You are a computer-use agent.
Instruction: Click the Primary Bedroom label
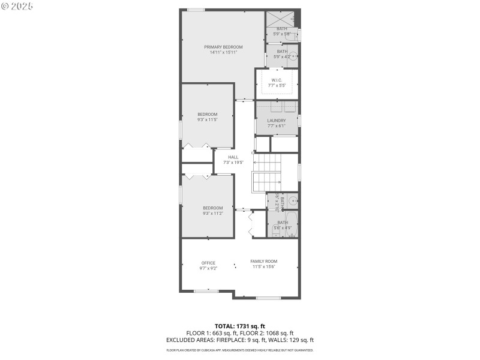pyautogui.click(x=223, y=47)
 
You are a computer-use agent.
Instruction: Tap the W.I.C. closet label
pyautogui.click(x=277, y=80)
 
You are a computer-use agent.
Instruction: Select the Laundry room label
pyautogui.click(x=277, y=121)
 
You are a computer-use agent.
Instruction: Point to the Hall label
pyautogui.click(x=233, y=157)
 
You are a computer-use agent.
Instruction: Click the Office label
pyautogui.click(x=208, y=263)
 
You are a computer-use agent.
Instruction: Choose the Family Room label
pyautogui.click(x=264, y=261)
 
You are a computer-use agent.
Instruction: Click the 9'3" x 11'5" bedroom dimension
pyautogui.click(x=208, y=119)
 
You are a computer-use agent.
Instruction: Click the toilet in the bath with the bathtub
pyautogui.click(x=276, y=231)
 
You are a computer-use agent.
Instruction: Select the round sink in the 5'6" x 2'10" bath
pyautogui.click(x=293, y=200)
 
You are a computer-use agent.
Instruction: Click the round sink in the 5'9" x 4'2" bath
pyautogui.click(x=293, y=58)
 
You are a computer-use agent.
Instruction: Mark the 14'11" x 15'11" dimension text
pyautogui.click(x=223, y=52)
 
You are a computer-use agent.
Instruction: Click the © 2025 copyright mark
pyautogui.click(x=17, y=5)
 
